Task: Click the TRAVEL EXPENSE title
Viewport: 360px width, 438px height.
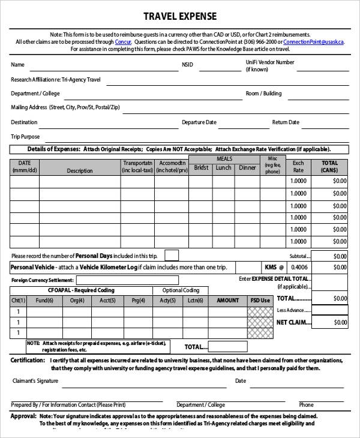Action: tap(179, 17)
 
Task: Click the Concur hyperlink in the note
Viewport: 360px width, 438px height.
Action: tap(122, 42)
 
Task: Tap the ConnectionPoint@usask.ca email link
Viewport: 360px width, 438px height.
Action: tap(313, 42)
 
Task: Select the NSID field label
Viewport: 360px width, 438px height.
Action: tap(188, 65)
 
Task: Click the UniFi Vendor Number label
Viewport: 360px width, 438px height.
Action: tap(269, 62)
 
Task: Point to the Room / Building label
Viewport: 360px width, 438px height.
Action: tap(263, 94)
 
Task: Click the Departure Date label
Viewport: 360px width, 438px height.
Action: tap(199, 122)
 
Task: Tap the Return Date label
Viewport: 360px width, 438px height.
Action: tap(286, 122)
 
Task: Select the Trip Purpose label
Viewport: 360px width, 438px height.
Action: tap(25, 137)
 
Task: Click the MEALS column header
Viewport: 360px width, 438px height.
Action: tap(224, 159)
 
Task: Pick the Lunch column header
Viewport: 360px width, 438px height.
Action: tap(224, 168)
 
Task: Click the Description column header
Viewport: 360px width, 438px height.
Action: tap(80, 171)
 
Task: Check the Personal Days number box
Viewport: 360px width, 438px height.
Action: tap(171, 256)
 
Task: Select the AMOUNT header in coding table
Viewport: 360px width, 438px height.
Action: tap(227, 301)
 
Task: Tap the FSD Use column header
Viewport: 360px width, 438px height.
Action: tap(260, 301)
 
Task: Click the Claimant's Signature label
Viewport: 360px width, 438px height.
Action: tap(35, 381)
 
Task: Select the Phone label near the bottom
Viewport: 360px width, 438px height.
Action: tap(306, 405)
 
